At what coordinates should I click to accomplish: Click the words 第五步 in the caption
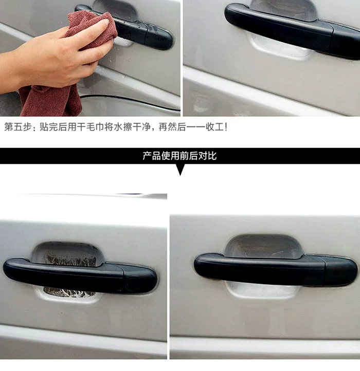tap(18, 127)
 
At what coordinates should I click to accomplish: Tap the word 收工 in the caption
tap(215, 127)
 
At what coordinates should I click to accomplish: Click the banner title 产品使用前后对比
tap(179, 156)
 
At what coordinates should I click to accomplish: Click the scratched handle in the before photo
tap(80, 275)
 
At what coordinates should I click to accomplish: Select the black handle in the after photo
tap(276, 270)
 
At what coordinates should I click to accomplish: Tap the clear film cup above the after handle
tap(263, 246)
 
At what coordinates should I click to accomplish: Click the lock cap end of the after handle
tap(341, 272)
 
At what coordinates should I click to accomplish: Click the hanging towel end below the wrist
tap(51, 102)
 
